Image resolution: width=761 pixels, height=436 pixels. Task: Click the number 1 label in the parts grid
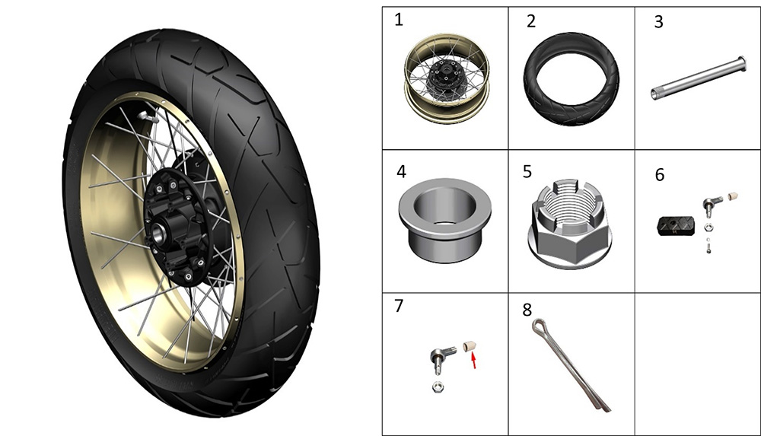click(x=399, y=21)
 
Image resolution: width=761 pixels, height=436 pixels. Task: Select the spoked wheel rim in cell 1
click(x=447, y=78)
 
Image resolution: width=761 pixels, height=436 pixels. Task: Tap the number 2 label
click(x=531, y=21)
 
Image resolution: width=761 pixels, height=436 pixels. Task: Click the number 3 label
click(x=658, y=22)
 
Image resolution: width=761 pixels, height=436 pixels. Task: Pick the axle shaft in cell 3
click(x=699, y=78)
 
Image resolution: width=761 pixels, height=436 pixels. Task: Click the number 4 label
click(x=401, y=171)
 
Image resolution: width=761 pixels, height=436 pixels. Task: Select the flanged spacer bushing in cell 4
click(x=445, y=220)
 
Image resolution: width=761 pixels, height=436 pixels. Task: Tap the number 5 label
click(x=527, y=171)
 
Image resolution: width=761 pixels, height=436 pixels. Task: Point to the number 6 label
click(x=660, y=175)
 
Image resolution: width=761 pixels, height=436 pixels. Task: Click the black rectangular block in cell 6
click(x=676, y=226)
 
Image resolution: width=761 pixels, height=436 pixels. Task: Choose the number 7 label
click(x=399, y=306)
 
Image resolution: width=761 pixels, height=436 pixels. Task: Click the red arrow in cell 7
click(x=473, y=360)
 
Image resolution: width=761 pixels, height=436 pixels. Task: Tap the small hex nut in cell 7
click(x=438, y=387)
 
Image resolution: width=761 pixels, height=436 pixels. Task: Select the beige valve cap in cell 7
click(x=469, y=346)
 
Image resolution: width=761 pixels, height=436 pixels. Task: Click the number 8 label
click(x=527, y=310)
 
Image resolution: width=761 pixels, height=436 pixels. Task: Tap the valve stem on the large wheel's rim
click(x=147, y=116)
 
